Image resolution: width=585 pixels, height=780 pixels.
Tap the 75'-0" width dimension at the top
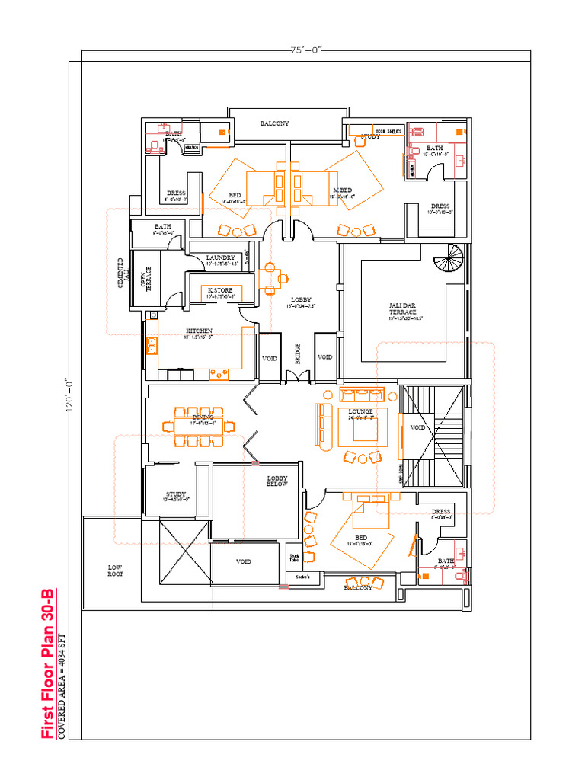(x=306, y=50)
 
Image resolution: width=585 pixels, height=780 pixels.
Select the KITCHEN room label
(x=199, y=331)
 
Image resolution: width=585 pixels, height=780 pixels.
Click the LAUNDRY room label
(x=220, y=258)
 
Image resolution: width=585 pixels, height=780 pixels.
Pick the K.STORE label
(x=221, y=290)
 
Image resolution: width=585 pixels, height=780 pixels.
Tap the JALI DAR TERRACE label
(x=403, y=308)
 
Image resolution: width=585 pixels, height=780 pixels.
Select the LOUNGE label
(x=360, y=411)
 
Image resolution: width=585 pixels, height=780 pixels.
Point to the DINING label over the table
(x=203, y=417)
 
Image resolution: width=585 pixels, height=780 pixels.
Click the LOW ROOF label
(x=115, y=571)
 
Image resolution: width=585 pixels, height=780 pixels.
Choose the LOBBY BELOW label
(x=277, y=481)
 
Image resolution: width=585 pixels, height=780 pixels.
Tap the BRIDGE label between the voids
(x=298, y=353)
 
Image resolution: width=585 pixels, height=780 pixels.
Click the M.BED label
(x=342, y=190)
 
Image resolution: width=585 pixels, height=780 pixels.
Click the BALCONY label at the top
(x=274, y=123)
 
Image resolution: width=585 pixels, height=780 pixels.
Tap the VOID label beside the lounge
(x=417, y=427)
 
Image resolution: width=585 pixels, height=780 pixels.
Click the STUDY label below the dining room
(x=176, y=494)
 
